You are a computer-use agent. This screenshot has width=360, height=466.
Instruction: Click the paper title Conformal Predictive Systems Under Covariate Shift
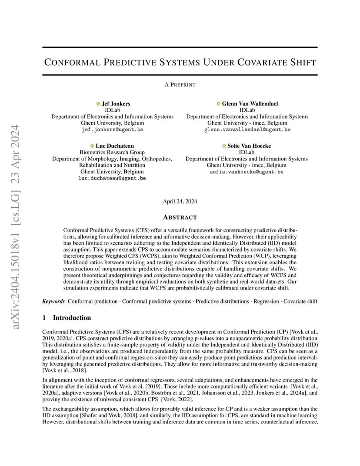click(180, 62)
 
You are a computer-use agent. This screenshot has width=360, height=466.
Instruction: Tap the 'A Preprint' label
click(180, 85)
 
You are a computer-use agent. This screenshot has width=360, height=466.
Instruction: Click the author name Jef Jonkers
click(116, 104)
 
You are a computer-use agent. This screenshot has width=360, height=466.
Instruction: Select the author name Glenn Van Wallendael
click(250, 104)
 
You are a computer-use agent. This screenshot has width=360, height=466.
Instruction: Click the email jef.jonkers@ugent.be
click(112, 130)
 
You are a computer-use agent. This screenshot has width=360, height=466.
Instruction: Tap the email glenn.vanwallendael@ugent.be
click(247, 130)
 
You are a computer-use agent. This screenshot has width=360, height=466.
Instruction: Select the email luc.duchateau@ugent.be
click(112, 178)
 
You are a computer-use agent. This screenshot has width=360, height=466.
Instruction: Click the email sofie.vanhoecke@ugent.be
click(247, 172)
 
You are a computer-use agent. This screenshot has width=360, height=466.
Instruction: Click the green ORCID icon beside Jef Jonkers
click(98, 104)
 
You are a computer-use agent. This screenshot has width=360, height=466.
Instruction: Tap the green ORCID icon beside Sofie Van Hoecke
click(224, 146)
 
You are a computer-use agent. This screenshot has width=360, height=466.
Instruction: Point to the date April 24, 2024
click(180, 201)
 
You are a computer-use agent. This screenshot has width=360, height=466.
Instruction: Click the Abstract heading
click(180, 217)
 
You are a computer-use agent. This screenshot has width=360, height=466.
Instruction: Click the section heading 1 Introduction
click(67, 318)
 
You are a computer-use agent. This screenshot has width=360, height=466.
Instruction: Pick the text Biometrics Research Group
click(112, 153)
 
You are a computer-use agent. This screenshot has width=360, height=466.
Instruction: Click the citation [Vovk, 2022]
click(172, 399)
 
